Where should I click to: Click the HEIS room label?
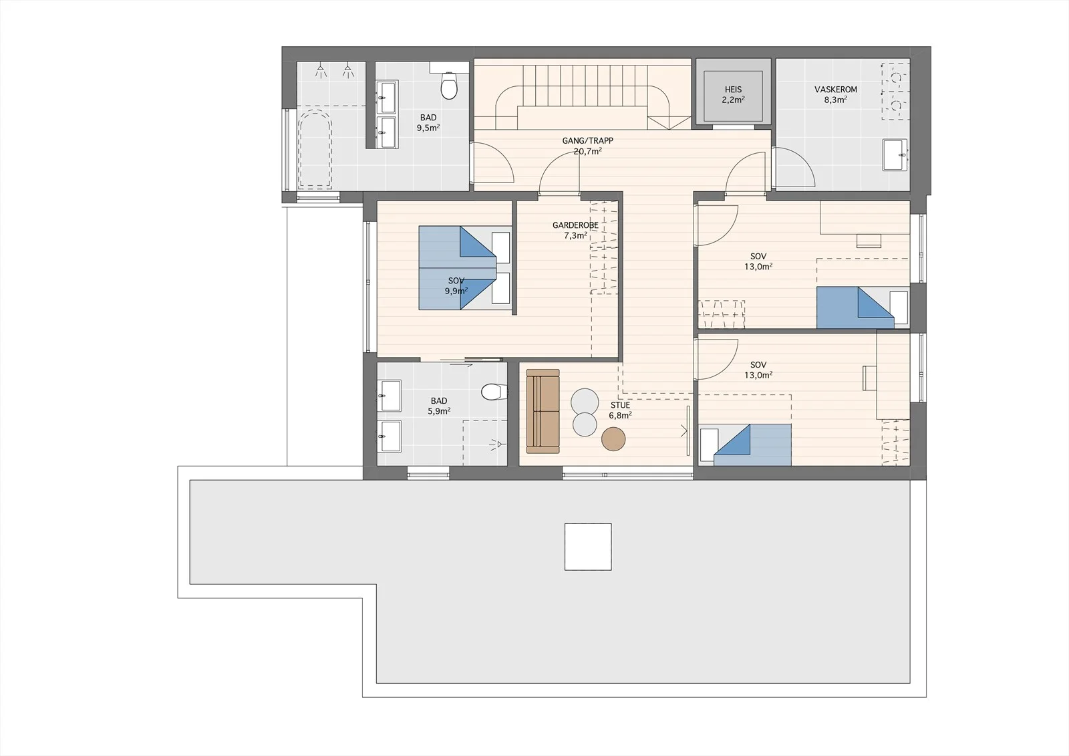point(733,90)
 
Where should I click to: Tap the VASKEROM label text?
point(836,90)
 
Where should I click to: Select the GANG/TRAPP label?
point(587,141)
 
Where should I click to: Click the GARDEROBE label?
point(575,225)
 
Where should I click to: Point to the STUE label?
point(620,405)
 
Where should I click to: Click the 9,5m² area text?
point(428,128)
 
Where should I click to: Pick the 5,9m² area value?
point(439,410)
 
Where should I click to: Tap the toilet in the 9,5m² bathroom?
point(448,85)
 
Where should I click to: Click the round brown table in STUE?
point(613,439)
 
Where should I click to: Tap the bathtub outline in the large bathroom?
point(315,148)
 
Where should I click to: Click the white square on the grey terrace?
point(588,547)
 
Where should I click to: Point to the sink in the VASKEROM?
point(895,154)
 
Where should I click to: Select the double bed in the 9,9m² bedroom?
point(465,268)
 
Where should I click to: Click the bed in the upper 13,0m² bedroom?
point(863,307)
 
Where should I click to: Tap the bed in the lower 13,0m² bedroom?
point(745,445)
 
